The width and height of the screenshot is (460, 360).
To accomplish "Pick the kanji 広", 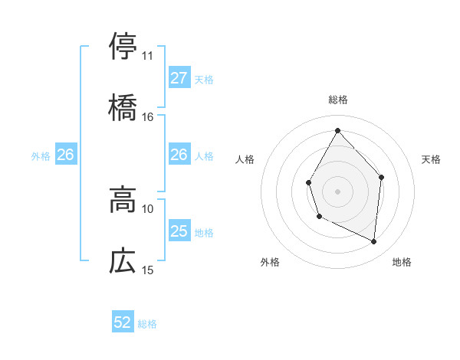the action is pos(123,260).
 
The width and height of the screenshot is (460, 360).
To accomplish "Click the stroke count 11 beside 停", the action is pos(148,56).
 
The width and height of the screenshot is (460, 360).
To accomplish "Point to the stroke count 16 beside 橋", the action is pos(148,117).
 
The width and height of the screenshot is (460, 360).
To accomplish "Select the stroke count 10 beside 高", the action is pos(148,208).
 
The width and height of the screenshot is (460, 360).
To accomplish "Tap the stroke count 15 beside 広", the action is pos(148,270).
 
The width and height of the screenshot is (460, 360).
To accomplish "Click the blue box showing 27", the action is pos(179,78).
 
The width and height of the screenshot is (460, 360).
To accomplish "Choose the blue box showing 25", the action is pos(179,231).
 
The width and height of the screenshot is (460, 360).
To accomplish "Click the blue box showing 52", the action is pos(123,322).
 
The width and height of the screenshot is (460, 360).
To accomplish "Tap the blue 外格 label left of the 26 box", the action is pos(41,155).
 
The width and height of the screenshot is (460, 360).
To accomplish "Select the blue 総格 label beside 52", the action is pos(147,324).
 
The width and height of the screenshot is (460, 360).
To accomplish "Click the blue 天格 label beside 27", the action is pos(204,79).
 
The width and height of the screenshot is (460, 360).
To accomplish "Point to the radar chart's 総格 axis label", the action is pos(337,100).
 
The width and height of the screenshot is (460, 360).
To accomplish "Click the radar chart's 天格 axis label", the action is pos(431,159).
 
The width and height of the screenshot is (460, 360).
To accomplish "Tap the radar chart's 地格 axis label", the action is pos(402,262).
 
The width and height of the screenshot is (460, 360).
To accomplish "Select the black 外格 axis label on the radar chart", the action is pos(270,262).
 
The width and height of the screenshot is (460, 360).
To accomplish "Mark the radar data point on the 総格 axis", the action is pos(337,129).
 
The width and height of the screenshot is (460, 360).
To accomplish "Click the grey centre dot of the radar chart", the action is pos(337,190).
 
